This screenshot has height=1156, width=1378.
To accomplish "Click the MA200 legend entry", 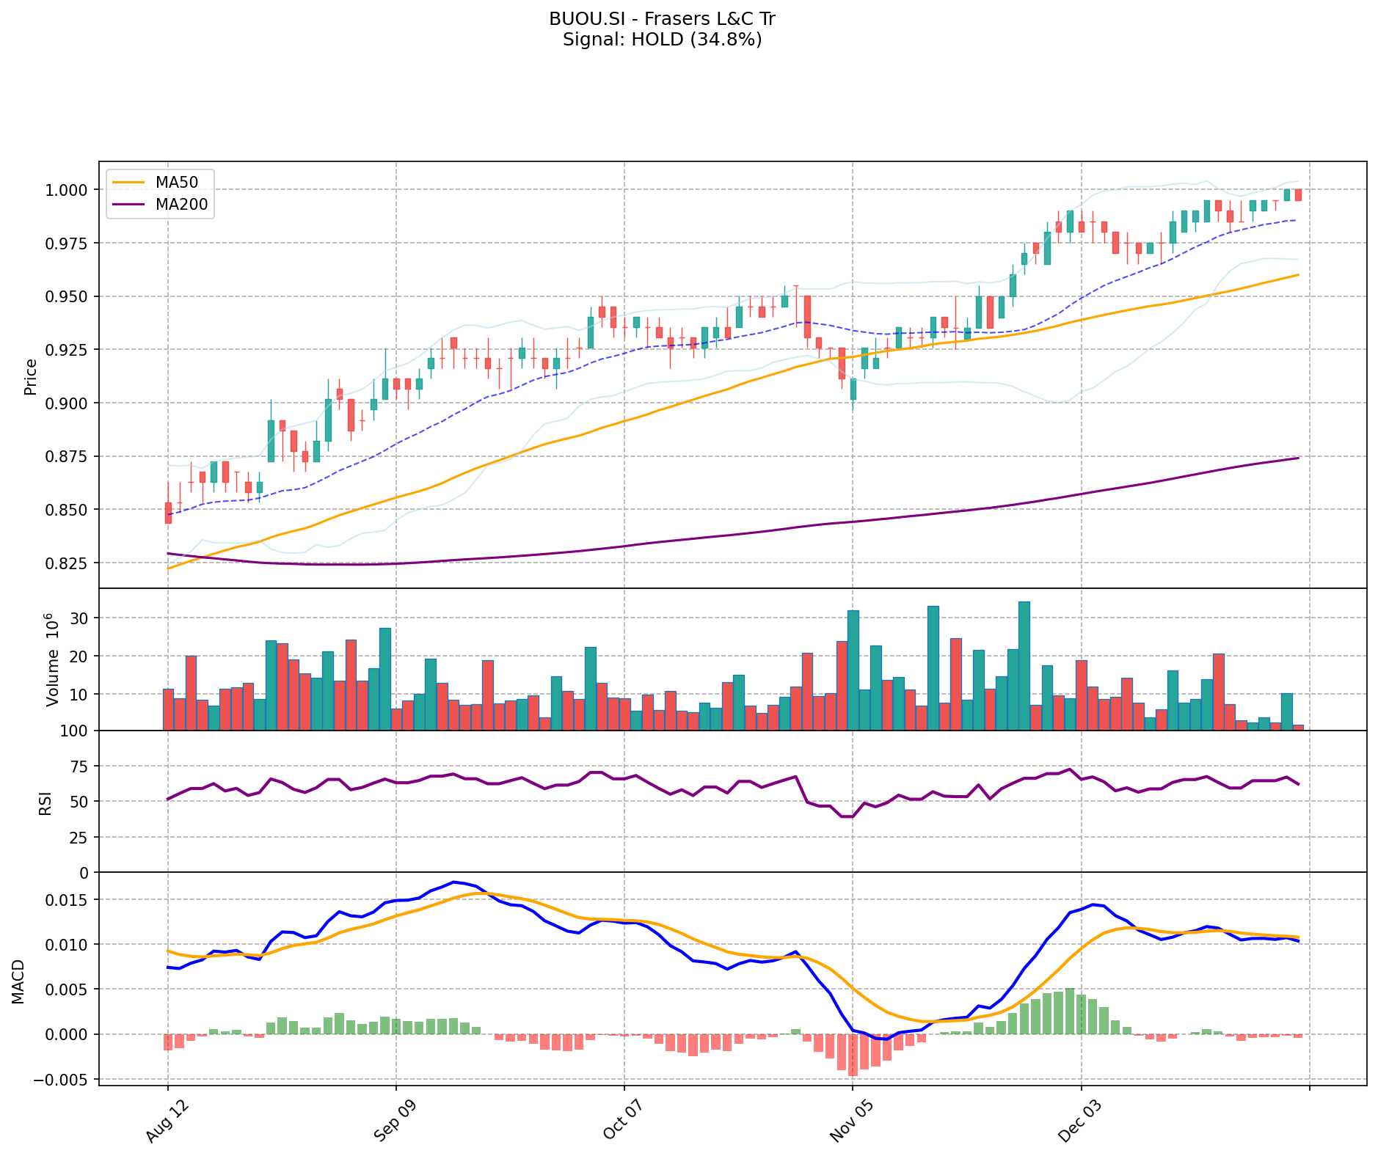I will pos(181,205).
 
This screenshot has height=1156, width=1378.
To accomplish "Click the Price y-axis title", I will pos(31,376).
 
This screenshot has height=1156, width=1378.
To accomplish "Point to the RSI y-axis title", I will pos(45,802).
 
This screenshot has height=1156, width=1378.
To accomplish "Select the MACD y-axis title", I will pos(18,981).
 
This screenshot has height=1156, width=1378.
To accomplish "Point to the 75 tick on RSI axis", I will pos(79,767).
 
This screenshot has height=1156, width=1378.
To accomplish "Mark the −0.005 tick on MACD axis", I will pos(65,1080).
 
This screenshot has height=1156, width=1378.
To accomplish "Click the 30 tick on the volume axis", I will pos(79,618).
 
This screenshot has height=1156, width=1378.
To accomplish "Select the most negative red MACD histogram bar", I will pos(853,1055).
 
